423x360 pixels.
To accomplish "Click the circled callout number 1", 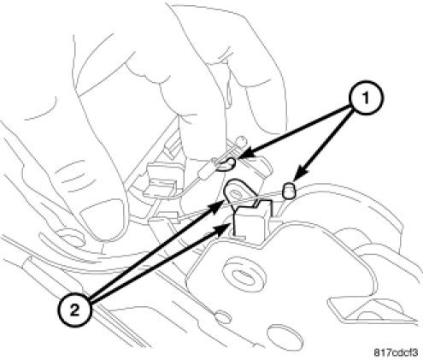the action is (366, 98).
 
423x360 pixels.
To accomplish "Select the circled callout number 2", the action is (74, 310).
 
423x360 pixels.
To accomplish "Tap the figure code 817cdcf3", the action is (396, 352).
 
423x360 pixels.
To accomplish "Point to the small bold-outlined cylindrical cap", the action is (289, 190).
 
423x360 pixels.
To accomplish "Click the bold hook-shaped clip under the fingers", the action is (228, 165).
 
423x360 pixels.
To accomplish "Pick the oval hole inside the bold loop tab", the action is (236, 195).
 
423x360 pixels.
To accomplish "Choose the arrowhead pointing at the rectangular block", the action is (221, 228).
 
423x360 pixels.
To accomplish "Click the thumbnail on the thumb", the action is (103, 219).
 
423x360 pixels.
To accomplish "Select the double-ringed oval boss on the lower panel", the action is (241, 274).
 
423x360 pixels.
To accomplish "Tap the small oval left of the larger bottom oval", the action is (223, 317).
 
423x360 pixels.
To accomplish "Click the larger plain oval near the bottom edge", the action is (285, 336).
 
